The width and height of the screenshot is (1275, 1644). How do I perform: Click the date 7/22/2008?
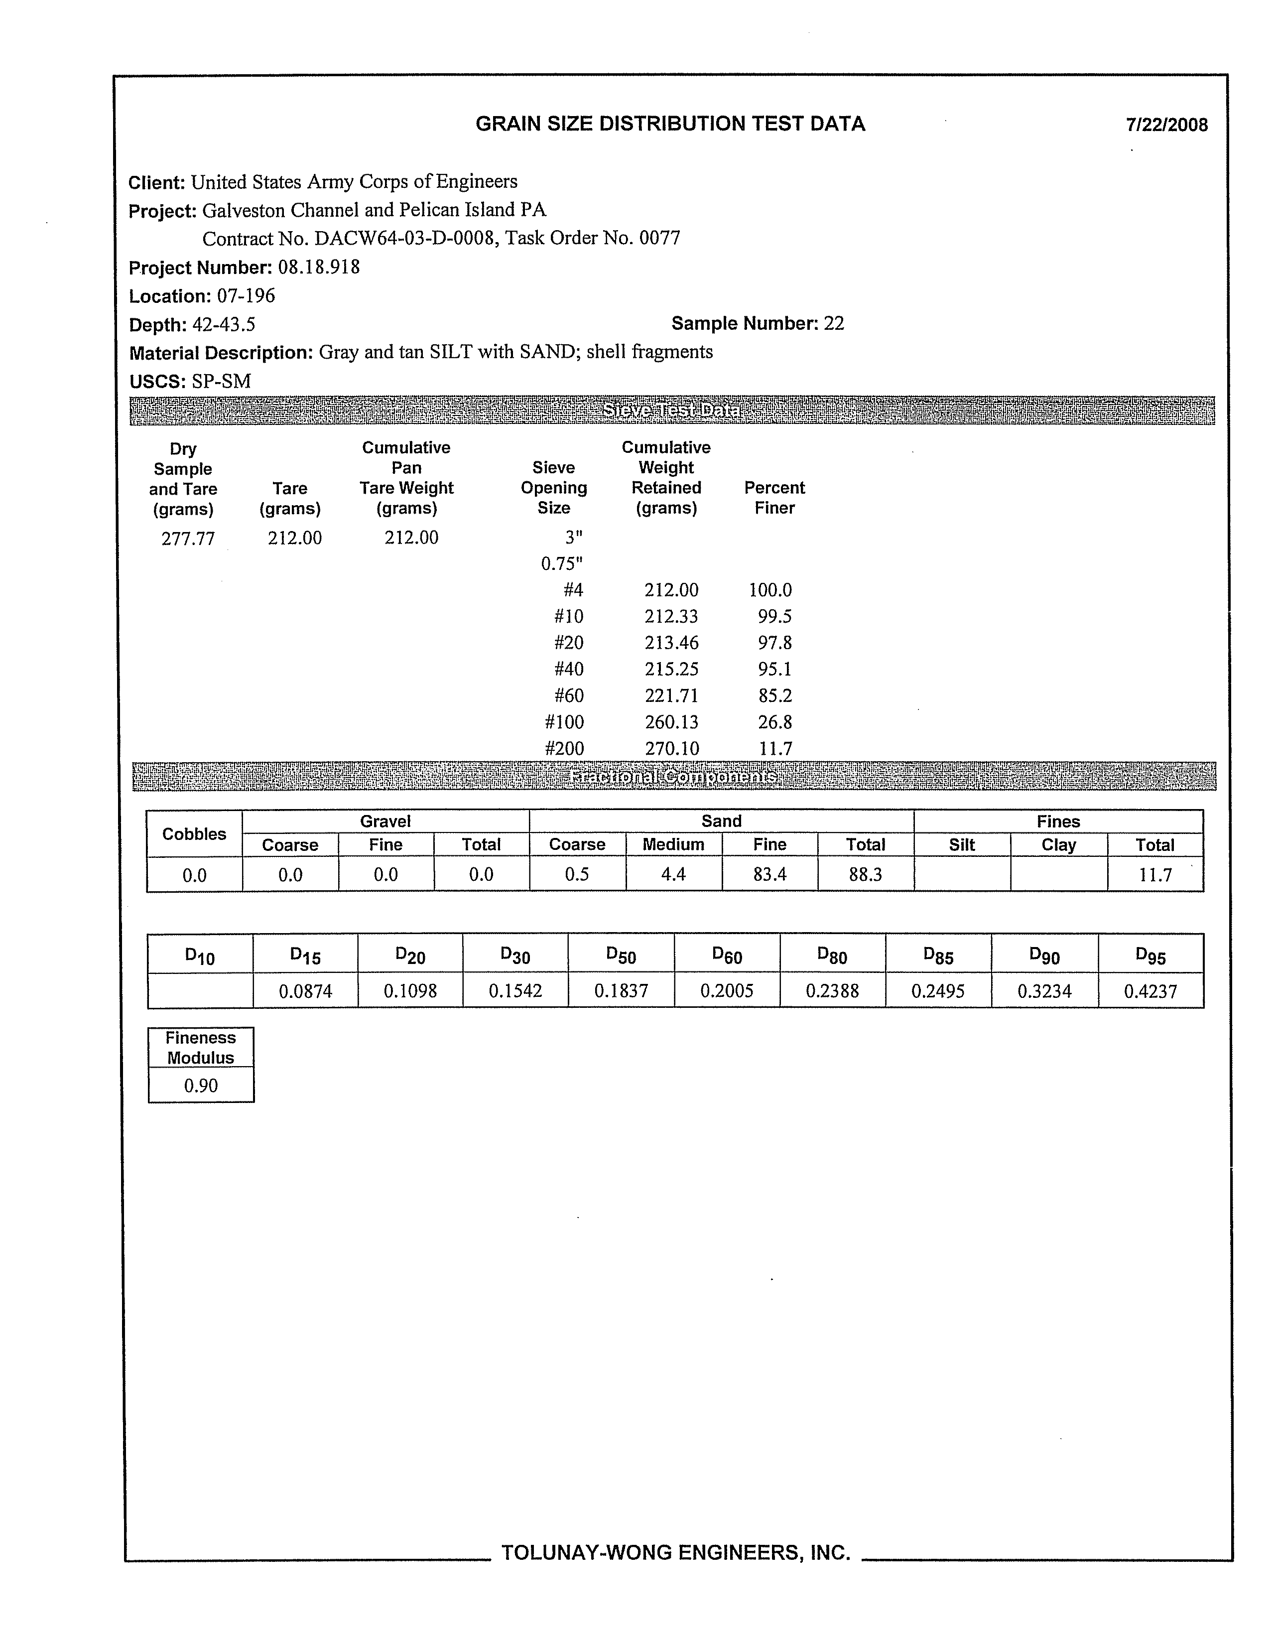[1166, 125]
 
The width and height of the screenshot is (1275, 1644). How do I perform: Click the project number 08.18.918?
[318, 267]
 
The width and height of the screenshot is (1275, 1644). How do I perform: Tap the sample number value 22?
[833, 324]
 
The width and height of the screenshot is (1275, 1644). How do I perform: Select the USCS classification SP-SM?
[221, 382]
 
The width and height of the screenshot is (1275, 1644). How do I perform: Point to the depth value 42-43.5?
[224, 324]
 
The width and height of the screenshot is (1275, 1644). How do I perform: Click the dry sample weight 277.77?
[188, 538]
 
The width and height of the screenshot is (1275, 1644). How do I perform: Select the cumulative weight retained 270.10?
[671, 749]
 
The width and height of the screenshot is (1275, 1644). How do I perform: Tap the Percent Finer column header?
[774, 498]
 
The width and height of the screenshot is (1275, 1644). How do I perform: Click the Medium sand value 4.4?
[673, 875]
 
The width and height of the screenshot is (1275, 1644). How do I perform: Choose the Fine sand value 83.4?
[769, 875]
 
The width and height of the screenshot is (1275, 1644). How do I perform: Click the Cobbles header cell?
[194, 834]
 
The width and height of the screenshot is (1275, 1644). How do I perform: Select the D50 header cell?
[621, 956]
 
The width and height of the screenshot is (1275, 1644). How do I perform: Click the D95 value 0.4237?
[1150, 991]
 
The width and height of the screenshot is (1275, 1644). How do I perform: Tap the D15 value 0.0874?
[305, 991]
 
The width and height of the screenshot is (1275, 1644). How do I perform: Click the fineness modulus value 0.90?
[201, 1086]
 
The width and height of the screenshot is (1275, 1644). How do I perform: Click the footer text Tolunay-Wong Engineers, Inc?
[675, 1552]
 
